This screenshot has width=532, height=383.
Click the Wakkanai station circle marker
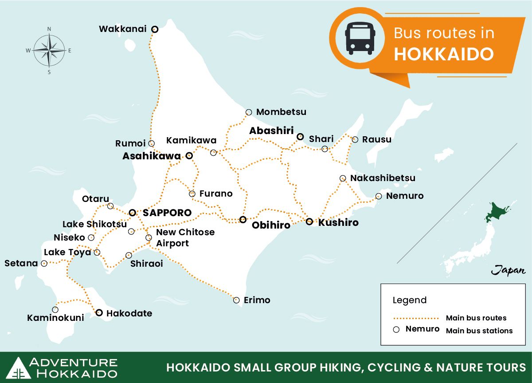[155, 29]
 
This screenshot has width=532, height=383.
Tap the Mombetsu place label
[281, 112]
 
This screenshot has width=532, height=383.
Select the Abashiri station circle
[300, 137]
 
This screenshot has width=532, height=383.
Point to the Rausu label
[376, 139]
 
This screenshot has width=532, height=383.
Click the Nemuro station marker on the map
[378, 196]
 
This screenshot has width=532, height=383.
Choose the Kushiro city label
[338, 222]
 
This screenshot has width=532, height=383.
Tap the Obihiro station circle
[243, 219]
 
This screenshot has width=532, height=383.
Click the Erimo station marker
[236, 300]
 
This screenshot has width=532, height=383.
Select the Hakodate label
[129, 313]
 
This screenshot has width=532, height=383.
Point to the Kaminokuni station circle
[55, 309]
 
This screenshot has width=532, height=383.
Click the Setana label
[21, 263]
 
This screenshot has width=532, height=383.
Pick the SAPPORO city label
[167, 213]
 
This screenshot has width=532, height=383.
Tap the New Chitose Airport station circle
[149, 237]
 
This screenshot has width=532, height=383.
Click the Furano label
[216, 193]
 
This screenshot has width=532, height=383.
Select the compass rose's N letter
[49, 29]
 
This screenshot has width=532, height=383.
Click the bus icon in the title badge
[360, 39]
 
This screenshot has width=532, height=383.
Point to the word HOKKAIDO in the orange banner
[443, 54]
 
